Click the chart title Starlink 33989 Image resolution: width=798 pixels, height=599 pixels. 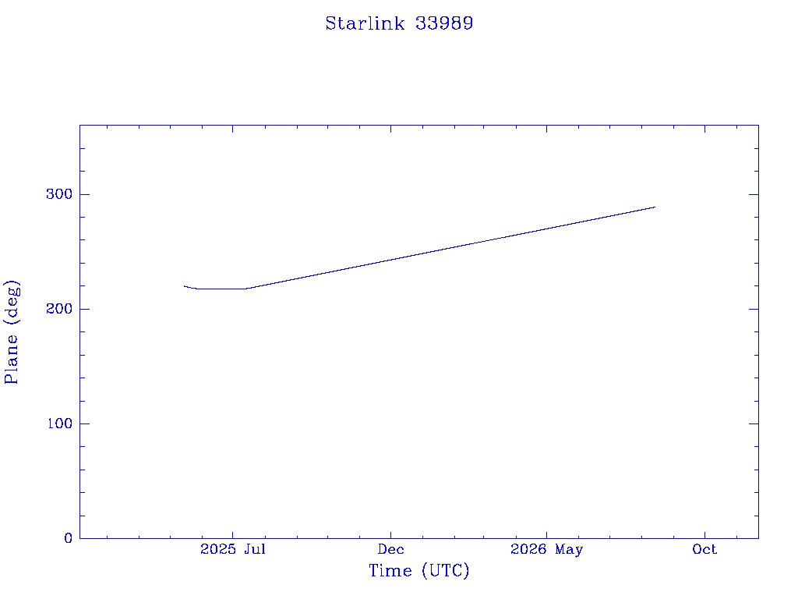(399, 23)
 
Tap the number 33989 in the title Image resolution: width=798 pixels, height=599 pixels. (444, 23)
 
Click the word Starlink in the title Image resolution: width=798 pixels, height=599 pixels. (365, 23)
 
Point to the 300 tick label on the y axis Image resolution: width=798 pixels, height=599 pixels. (59, 194)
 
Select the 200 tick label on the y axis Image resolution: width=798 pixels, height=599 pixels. (59, 309)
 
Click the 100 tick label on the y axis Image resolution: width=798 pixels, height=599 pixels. (59, 424)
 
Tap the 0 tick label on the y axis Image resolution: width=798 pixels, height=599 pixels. (69, 538)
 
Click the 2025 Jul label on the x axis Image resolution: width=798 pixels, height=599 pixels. (233, 549)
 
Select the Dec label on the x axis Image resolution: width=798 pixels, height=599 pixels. (391, 549)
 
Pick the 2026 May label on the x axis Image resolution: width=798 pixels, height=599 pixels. (546, 550)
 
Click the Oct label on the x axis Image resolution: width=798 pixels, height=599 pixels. (704, 549)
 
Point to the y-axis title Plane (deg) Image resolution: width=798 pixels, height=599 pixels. (11, 331)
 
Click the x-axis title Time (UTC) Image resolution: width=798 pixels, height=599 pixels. (418, 570)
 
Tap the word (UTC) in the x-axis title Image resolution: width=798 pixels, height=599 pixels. (445, 570)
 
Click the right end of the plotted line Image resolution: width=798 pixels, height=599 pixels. (655, 207)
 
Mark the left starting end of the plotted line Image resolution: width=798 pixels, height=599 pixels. (184, 286)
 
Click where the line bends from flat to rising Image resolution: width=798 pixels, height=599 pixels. (246, 289)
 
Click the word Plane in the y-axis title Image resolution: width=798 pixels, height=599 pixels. (11, 359)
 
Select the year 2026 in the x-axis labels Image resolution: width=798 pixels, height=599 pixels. (528, 549)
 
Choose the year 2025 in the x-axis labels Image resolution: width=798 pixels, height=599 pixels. (218, 549)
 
